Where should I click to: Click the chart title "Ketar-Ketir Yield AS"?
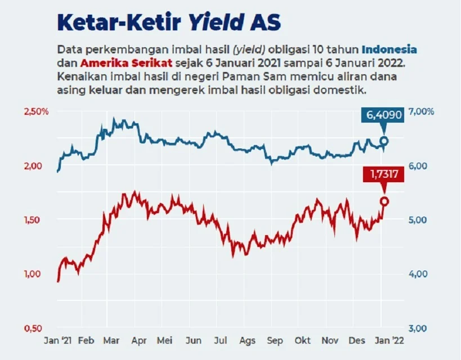coord(169,23)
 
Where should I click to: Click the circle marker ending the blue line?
coord(384,141)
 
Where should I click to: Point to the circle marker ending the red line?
coord(384,201)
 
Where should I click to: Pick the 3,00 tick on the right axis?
coord(417,328)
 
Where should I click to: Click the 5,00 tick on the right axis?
coord(417,219)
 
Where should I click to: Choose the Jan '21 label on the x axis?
coord(59,341)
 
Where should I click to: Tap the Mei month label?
coord(165,341)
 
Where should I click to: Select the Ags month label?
coord(247,341)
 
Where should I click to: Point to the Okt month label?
coord(303,341)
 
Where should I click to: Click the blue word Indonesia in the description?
coord(389,49)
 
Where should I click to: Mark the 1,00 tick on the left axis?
coord(34,274)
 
